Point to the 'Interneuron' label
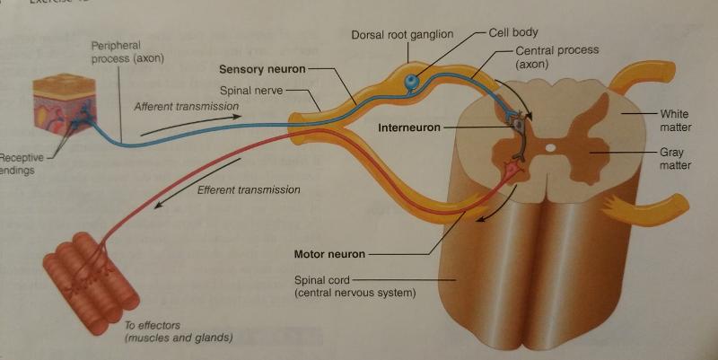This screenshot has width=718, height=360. pos(409,127)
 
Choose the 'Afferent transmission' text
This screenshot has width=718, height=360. pos(187,107)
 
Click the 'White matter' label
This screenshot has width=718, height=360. pos(674,120)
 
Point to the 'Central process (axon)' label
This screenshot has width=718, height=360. pos(556,57)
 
